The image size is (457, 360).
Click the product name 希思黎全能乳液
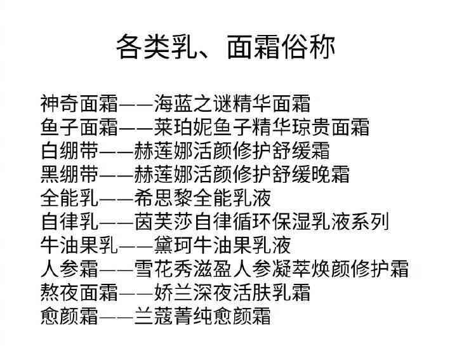coord(203,197)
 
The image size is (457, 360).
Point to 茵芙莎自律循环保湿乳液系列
coord(262,221)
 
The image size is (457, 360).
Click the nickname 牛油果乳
coord(79,244)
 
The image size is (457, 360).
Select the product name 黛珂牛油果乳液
coord(223,244)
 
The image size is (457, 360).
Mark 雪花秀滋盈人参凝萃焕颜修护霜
coord(272,269)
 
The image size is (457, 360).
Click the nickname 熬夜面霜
coord(79,292)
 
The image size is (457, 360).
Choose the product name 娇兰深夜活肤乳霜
coord(232,292)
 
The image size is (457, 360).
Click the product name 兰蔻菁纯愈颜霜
coord(203,316)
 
